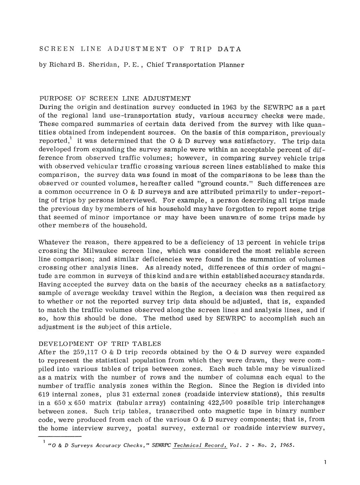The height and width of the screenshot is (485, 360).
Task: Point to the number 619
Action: (x=45, y=394)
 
